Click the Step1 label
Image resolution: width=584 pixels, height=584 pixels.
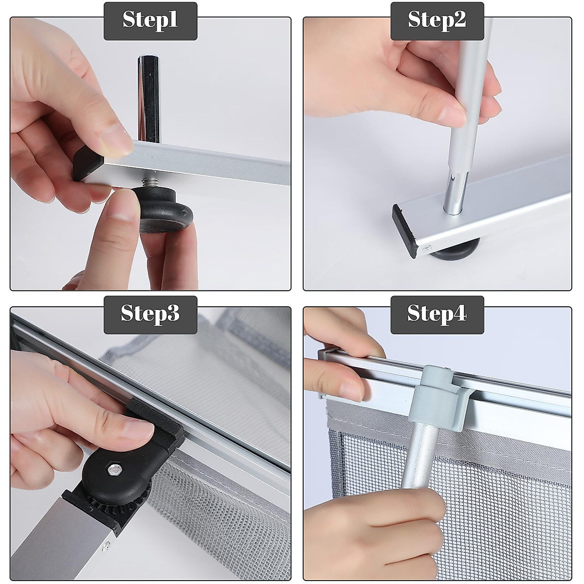click(x=150, y=21)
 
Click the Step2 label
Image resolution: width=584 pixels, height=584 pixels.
click(x=437, y=21)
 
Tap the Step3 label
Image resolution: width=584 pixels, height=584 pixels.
click(x=150, y=314)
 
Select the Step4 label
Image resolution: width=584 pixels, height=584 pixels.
click(x=437, y=314)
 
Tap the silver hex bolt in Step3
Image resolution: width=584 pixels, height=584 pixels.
click(x=113, y=470)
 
